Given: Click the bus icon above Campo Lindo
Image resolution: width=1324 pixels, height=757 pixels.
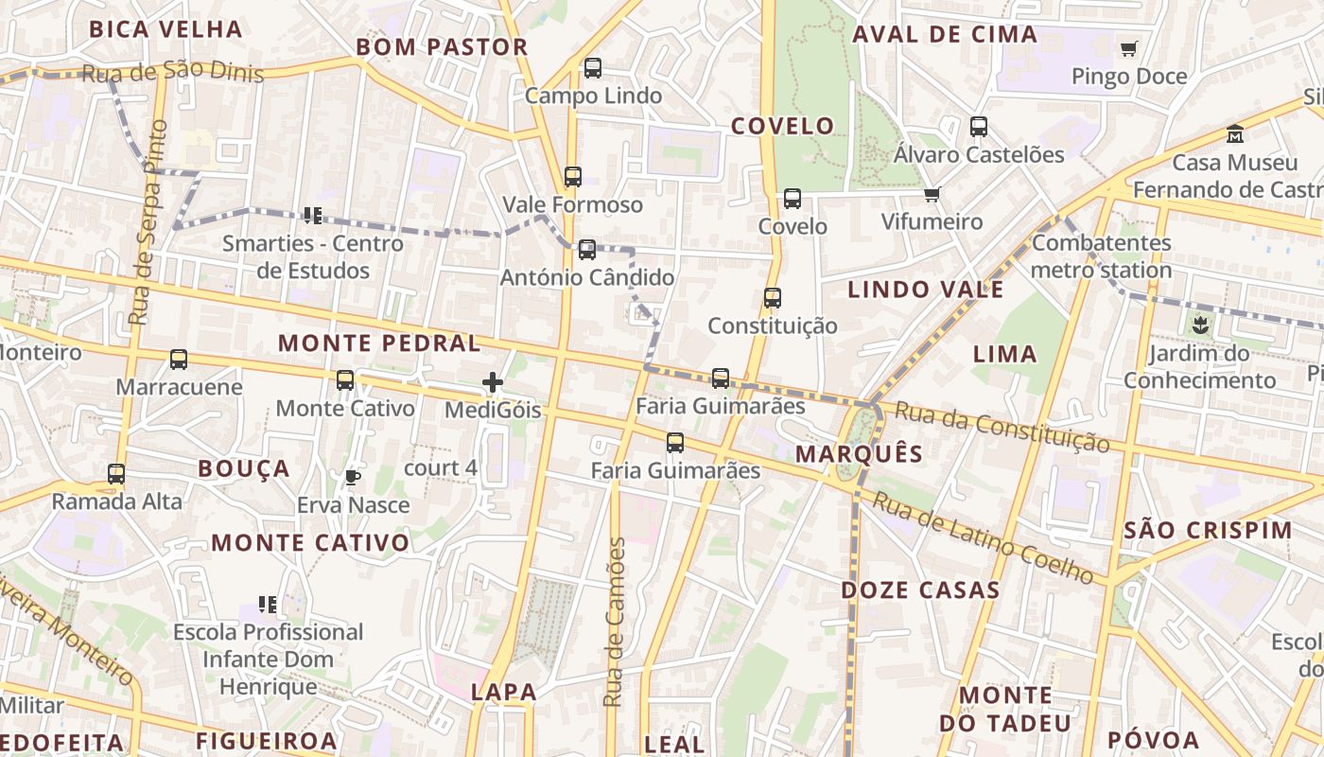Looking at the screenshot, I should pos(593,68).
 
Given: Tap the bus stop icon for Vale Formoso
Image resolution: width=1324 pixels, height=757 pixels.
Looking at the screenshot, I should pos(573,177).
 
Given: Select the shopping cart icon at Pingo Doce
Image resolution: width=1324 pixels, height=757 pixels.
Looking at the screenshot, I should pos(1128,48).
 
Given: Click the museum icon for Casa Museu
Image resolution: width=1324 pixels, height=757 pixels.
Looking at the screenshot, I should pos(1235,134).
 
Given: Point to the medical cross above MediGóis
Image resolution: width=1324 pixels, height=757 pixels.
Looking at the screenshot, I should pos(493,382).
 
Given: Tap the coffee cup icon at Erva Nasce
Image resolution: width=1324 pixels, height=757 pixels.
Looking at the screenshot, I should pos(352,477).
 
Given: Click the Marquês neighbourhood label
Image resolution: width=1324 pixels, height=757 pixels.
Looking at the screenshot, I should pos(859,453).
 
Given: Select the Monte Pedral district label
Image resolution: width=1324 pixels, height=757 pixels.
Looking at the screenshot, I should pos(380,343).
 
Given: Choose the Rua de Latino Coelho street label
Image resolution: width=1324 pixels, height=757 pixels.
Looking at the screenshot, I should pos(983,537).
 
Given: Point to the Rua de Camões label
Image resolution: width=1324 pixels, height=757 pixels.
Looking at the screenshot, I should pos(615,622).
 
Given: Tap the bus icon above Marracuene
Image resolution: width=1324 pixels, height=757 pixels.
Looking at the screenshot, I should pos(179,360).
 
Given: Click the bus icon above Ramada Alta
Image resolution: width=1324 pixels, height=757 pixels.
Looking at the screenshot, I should pos(116,474).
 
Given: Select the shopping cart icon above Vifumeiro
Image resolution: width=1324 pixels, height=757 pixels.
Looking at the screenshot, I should pos(932,195).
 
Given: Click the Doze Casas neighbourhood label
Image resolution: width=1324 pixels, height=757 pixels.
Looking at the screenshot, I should pos(920,590).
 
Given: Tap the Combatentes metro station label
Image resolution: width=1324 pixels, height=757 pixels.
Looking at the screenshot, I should pos(1102,256).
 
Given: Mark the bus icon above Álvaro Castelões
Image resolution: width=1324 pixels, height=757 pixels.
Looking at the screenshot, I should pos(979,127).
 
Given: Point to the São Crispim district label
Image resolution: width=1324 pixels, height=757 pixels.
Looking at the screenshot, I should pos(1208,530).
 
